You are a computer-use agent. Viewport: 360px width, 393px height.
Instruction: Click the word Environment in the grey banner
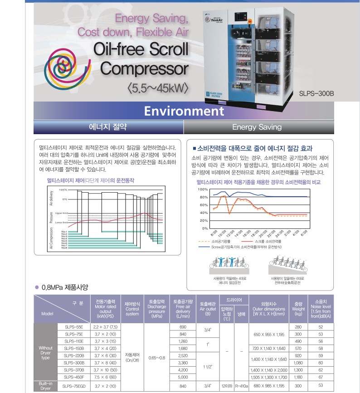[184, 111]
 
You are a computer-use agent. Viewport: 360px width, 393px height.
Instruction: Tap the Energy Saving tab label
[257, 127]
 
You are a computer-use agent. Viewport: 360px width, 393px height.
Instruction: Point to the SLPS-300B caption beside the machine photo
[316, 94]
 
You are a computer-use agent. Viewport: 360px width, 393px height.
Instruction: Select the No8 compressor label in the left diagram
[64, 248]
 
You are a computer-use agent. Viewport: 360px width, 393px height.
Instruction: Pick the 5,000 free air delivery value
[183, 377]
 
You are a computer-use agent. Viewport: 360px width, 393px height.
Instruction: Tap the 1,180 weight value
[298, 377]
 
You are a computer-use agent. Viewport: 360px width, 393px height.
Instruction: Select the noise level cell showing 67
[321, 377]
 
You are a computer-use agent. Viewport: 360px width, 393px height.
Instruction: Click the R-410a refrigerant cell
[242, 386]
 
